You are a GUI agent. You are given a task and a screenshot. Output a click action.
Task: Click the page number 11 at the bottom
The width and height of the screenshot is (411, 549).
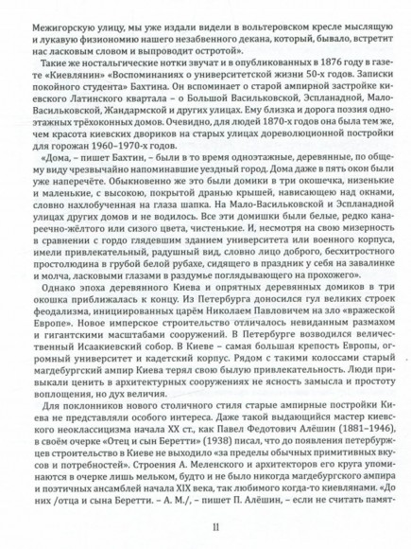205,526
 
